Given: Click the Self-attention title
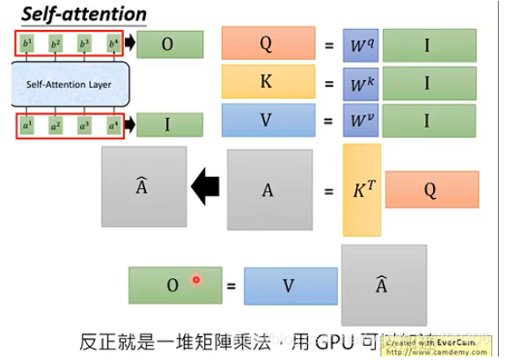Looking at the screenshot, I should tap(77, 15).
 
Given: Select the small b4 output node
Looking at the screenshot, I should tap(113, 42).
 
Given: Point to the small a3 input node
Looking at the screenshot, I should tap(84, 126).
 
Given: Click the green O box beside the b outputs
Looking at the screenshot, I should tap(170, 42).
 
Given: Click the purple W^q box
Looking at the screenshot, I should tap(359, 42).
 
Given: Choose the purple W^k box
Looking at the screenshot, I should tap(359, 82).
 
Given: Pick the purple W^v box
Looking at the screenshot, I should tap(359, 122).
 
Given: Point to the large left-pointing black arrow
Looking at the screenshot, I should tap(207, 186).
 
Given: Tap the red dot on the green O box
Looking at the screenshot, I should tap(197, 280).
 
